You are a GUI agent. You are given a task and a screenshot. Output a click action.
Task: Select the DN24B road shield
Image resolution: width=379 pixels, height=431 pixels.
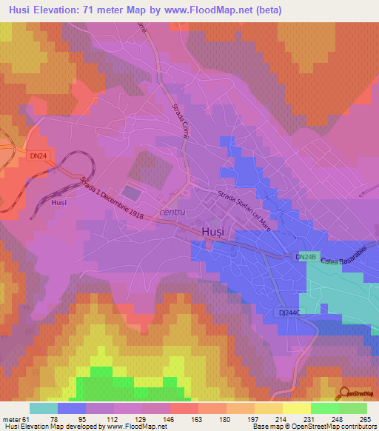[x=306, y=257]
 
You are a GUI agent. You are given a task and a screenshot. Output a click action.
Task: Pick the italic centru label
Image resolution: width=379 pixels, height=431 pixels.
[x=174, y=214]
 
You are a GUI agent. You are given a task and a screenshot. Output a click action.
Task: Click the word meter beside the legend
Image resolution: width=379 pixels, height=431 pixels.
[x=11, y=418]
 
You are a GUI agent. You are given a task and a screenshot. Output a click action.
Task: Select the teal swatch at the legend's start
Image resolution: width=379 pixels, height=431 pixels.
[x=44, y=408]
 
